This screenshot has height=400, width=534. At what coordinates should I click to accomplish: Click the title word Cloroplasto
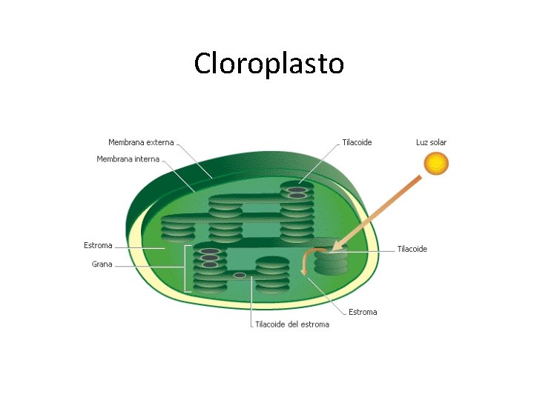click(x=268, y=64)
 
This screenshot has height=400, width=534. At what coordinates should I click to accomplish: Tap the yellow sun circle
click(x=437, y=163)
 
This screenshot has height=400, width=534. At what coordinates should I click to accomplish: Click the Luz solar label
click(x=431, y=142)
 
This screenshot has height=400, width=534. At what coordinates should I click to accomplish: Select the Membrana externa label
click(x=141, y=142)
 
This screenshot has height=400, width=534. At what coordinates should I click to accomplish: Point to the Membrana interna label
click(x=128, y=159)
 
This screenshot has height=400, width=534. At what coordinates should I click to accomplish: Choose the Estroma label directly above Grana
click(x=98, y=245)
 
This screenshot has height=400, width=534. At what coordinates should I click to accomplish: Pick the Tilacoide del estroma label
click(x=292, y=324)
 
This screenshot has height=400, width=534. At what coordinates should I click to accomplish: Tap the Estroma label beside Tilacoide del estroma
click(x=363, y=312)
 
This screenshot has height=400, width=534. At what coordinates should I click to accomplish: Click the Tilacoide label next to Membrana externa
click(x=357, y=142)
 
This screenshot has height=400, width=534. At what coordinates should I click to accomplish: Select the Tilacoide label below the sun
click(x=412, y=249)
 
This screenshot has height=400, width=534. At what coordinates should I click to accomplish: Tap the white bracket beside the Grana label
click(x=185, y=267)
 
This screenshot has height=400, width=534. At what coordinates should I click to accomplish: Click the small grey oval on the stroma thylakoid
click(x=240, y=276)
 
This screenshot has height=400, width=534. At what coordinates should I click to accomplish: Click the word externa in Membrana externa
click(x=159, y=142)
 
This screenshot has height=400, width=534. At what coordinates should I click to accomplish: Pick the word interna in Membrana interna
click(x=147, y=159)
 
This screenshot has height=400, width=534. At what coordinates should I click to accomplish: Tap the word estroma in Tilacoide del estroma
click(x=314, y=324)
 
